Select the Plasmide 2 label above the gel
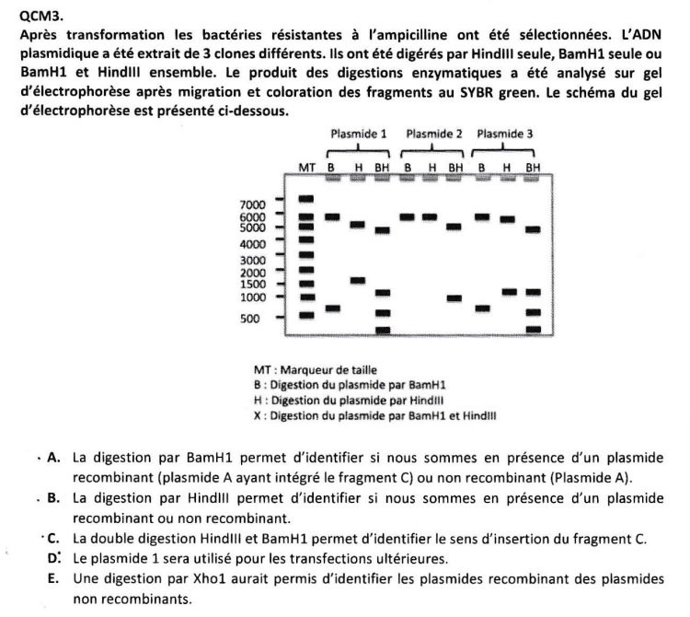[433, 134]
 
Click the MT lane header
[307, 167]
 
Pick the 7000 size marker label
[253, 204]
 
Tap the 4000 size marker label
[253, 245]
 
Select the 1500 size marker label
[253, 284]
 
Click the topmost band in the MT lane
[307, 199]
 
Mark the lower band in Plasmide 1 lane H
[358, 280]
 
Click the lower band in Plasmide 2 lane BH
[454, 297]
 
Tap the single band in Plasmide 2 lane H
[430, 217]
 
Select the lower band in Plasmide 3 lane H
[508, 292]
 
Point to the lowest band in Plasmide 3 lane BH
[532, 329]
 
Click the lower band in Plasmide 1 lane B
[333, 308]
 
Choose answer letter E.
[52, 577]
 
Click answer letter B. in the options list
[53, 497]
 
